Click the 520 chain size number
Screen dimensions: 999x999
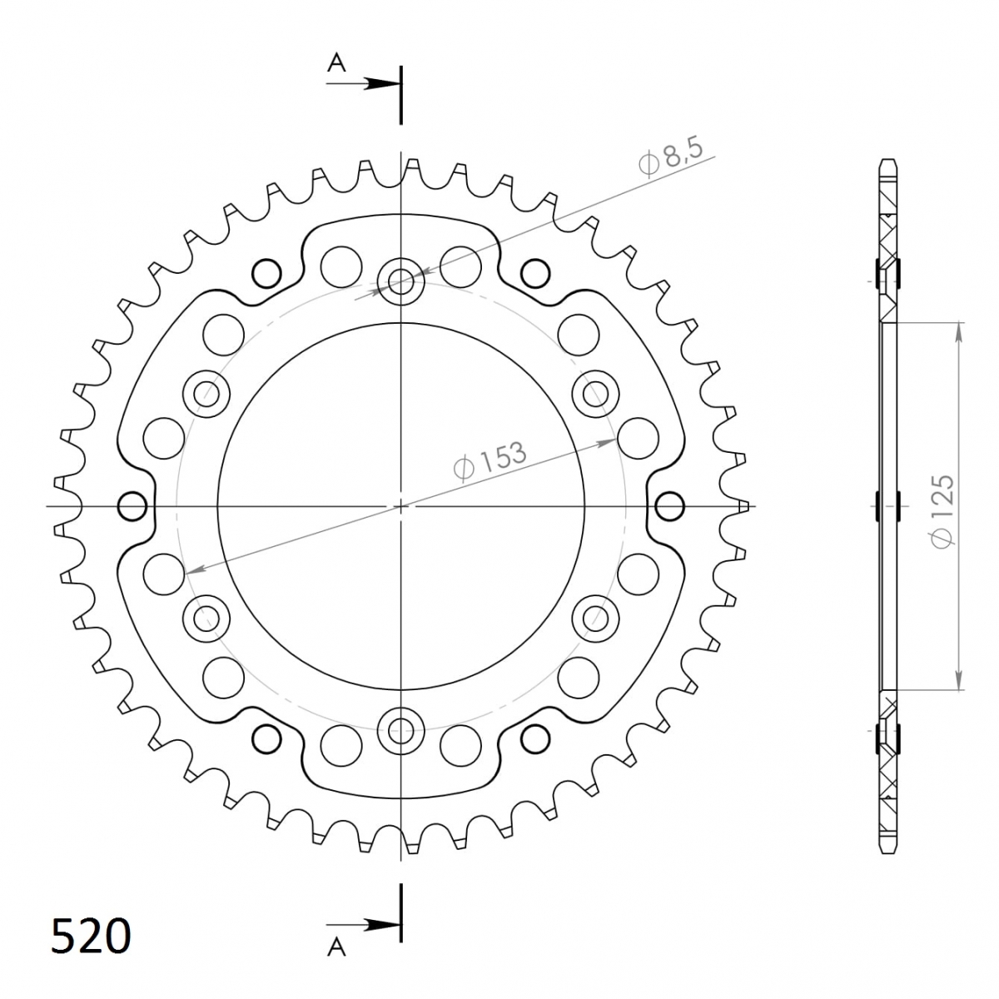tap(91, 935)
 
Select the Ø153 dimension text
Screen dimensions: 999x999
tap(490, 460)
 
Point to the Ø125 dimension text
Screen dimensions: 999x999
tap(942, 510)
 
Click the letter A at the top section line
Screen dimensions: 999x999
tap(337, 63)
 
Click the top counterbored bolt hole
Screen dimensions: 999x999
tap(400, 282)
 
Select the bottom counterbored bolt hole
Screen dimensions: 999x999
tap(400, 730)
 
